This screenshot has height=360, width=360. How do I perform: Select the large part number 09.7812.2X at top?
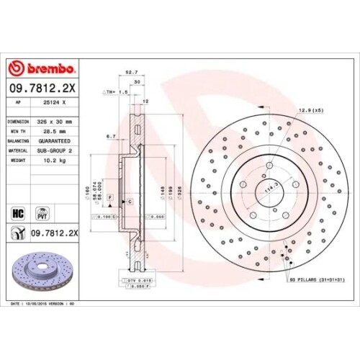(42, 89)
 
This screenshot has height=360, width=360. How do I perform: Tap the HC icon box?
(19, 213)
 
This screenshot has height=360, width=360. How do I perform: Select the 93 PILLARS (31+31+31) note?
(314, 279)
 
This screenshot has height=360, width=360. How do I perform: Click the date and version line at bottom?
(43, 305)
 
